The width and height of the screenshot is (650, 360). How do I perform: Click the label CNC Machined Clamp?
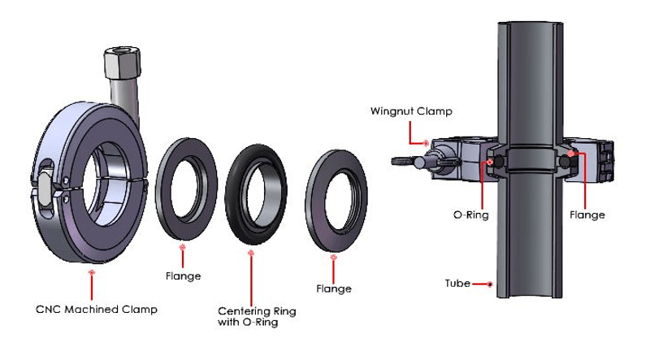(x=96, y=309)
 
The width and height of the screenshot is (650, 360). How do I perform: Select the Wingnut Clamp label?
(x=410, y=111)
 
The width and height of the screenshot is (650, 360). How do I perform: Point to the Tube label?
(x=457, y=284)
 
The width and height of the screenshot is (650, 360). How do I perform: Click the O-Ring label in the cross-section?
(x=469, y=215)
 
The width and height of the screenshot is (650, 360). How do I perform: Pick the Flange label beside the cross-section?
(x=587, y=215)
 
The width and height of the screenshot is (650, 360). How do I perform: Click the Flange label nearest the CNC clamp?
(x=183, y=276)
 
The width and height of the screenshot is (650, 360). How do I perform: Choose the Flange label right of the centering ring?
(x=334, y=288)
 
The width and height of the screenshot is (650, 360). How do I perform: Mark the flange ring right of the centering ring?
(x=337, y=201)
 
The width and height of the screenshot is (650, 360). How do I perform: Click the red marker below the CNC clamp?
(x=92, y=275)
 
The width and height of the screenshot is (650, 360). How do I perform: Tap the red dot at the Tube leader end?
(x=492, y=284)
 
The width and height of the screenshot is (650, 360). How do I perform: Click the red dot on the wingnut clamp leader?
(x=426, y=142)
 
